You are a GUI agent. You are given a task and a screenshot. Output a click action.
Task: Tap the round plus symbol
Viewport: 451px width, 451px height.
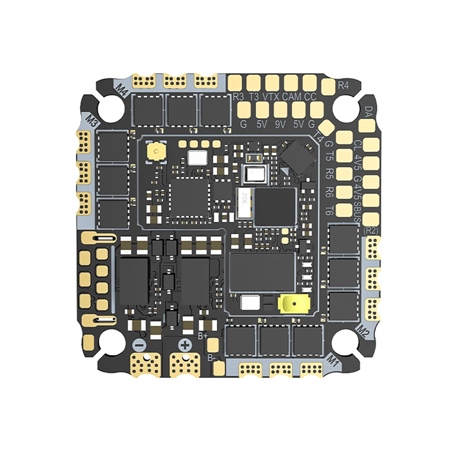184,346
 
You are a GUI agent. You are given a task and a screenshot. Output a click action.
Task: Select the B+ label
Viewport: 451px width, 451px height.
203,335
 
